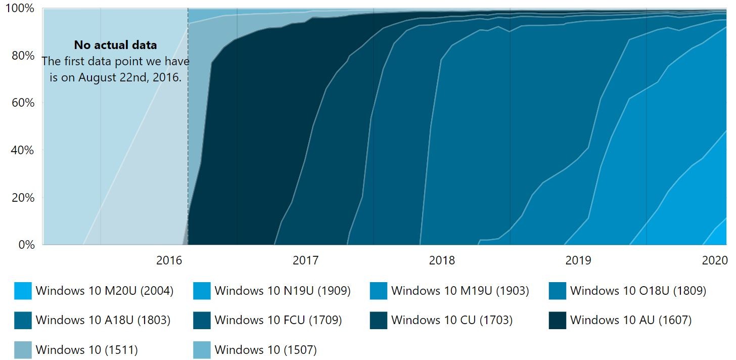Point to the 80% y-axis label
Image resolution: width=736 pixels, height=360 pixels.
coord(23,56)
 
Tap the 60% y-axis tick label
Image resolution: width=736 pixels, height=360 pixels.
coord(23,103)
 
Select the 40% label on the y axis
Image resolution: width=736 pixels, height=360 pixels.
coord(23,150)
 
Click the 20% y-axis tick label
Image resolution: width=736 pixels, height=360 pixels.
coord(23,197)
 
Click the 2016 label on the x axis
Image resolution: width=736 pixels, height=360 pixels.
coord(169,261)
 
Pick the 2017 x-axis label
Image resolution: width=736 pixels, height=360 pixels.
coord(305,261)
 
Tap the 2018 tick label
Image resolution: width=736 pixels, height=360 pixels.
coord(442,261)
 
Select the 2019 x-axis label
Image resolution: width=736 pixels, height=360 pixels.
coord(578,261)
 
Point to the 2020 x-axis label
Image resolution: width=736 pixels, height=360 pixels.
coord(714,261)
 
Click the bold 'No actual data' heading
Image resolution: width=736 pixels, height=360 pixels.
coord(115,45)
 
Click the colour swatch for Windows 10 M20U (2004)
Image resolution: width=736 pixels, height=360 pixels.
coord(23,291)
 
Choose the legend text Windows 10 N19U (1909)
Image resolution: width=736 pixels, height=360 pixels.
coord(283,291)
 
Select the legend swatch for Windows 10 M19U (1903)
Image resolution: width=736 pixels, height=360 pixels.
coord(379,291)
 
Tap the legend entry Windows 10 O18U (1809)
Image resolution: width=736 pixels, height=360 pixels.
coord(638,291)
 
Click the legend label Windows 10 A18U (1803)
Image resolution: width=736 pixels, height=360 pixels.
coord(103,320)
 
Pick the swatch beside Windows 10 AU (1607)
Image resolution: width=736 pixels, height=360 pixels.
coord(558,320)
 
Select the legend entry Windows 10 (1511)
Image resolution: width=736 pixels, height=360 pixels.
coord(86,349)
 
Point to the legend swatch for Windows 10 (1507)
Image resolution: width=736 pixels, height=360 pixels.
coord(202,349)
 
